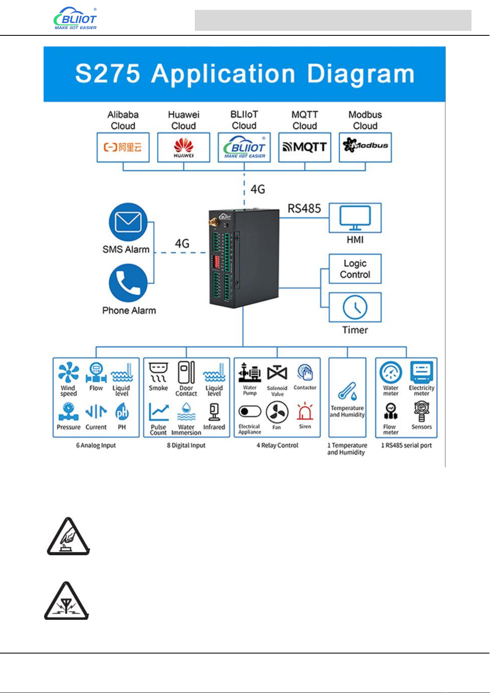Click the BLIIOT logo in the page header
pos(75,19)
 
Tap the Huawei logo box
pos(183,147)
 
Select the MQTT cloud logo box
pos(305,147)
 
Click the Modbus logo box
pos(365,147)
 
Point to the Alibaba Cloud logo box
pos(123,147)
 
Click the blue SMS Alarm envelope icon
pos(128,222)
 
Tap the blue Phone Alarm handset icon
pos(128,283)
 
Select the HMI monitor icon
pos(355,218)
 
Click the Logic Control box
pos(355,269)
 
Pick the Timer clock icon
pos(355,307)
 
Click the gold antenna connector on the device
pos(214,223)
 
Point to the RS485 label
pos(304,209)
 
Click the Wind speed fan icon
pos(68,373)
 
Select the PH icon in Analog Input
pos(122,412)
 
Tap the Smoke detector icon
pos(158,372)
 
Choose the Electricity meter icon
pos(421,372)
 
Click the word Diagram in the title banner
pos(361,74)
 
